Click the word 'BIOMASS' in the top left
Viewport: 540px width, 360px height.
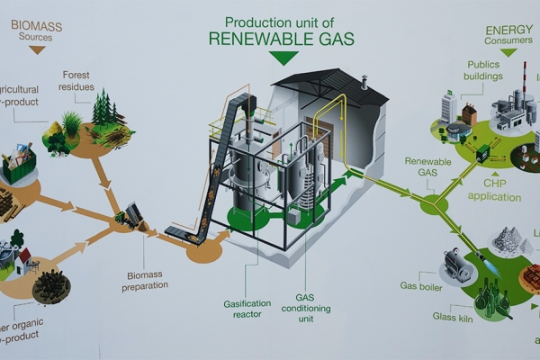36,26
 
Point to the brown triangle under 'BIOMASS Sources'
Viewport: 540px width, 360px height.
37,50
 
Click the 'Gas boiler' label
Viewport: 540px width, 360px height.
419,286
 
